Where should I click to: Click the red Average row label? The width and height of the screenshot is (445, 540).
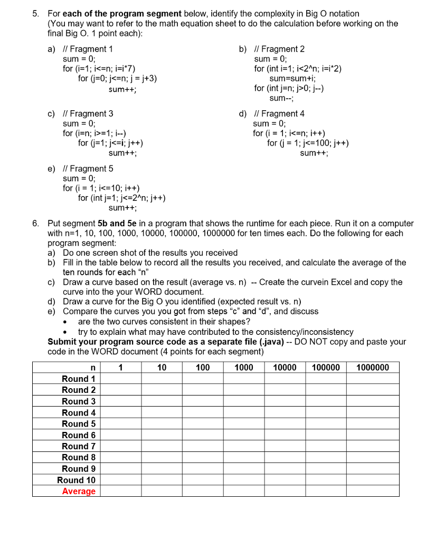coord(79,491)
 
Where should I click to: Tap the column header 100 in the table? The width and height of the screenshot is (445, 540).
coord(203,368)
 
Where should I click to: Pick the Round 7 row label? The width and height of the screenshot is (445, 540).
coord(79,446)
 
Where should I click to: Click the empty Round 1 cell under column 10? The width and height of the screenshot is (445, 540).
coord(162,379)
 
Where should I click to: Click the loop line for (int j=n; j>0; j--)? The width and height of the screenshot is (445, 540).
coord(289,89)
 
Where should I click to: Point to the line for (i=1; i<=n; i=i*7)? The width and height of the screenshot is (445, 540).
coord(99,69)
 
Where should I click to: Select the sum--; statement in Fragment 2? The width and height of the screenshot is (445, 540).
coord(281,99)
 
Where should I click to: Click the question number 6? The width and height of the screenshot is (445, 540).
coord(35,223)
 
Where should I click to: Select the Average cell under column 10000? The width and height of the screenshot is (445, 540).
coord(285,491)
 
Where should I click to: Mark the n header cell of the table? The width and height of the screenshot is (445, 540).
coord(93,368)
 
